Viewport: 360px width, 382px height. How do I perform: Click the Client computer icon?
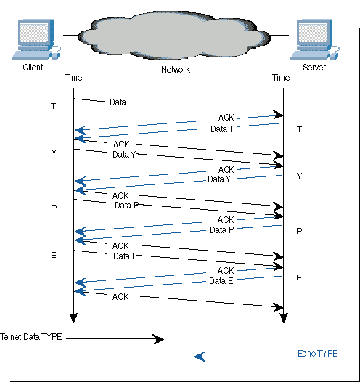tap(36, 39)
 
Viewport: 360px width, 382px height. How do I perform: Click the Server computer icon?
tap(315, 39)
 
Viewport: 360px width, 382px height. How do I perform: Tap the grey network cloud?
tap(174, 35)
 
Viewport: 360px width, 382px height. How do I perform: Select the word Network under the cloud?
tap(176, 70)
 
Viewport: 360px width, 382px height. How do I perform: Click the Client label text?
tap(33, 68)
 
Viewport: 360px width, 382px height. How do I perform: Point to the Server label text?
tap(314, 68)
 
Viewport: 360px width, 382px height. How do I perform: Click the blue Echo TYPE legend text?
tap(318, 354)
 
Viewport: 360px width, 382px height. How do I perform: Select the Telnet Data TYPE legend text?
tap(31, 337)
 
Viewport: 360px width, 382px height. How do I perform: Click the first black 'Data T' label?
tap(121, 102)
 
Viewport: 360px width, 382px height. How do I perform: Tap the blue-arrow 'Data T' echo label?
tap(222, 129)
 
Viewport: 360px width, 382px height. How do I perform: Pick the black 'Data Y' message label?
tap(124, 155)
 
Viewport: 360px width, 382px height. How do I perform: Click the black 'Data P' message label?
tap(126, 206)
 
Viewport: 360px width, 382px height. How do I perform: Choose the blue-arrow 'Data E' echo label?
tap(221, 281)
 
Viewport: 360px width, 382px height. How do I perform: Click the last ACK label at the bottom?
tap(120, 297)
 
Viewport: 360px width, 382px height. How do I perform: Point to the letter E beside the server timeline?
tap(299, 277)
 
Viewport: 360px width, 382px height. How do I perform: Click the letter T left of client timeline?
tap(54, 106)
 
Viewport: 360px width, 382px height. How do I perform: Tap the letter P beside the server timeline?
tap(299, 231)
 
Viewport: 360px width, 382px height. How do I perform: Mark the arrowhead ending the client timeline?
tap(73, 318)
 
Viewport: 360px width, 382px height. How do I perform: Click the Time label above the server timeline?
tap(281, 78)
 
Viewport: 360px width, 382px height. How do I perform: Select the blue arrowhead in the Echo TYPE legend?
tap(200, 357)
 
